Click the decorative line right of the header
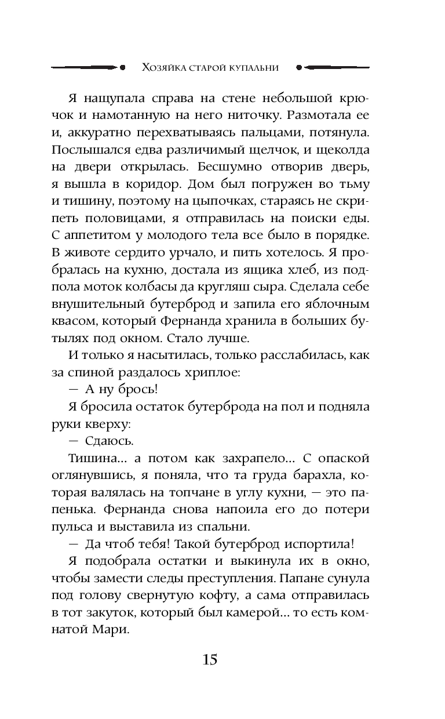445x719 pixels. pos(336,67)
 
